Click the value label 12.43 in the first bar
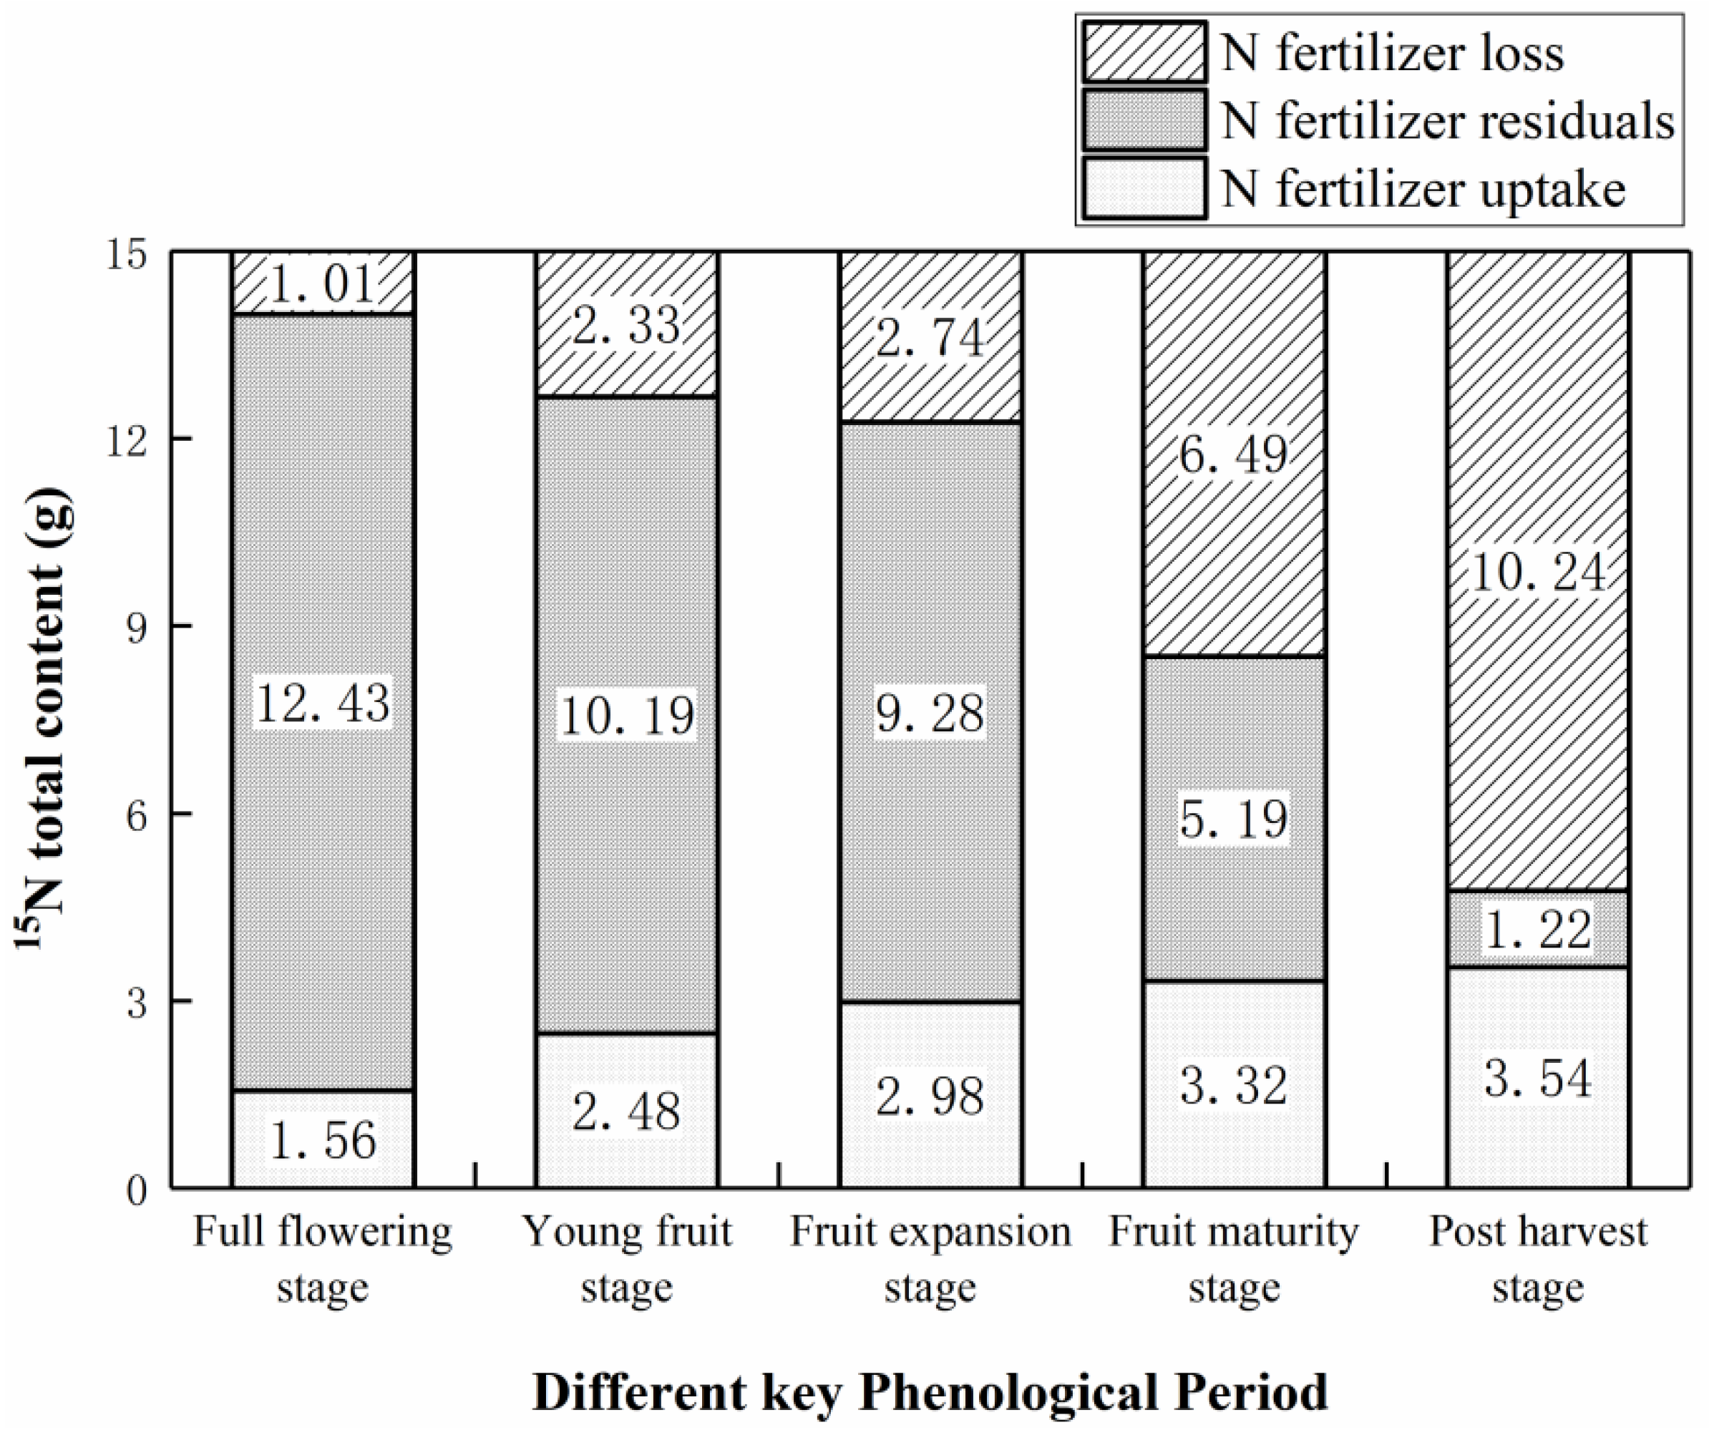point(323,704)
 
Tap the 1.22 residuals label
point(1538,930)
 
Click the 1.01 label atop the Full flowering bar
point(323,284)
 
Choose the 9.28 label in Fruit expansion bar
point(930,713)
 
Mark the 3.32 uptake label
point(1234,1086)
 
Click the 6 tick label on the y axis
point(137,814)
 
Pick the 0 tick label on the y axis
point(137,1190)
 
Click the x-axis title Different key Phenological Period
point(930,1392)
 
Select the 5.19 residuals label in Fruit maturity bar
point(1234,819)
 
